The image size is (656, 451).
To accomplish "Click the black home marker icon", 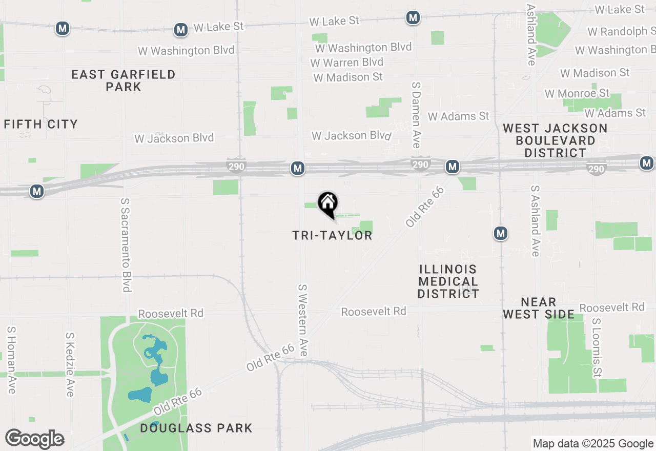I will pyautogui.click(x=328, y=204).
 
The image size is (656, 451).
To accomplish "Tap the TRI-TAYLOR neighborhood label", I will pyautogui.click(x=332, y=235).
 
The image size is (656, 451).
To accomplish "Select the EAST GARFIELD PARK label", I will pyautogui.click(x=124, y=80).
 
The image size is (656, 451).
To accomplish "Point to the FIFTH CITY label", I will pyautogui.click(x=41, y=124).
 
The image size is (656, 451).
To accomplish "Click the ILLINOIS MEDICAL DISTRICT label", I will pyautogui.click(x=448, y=281).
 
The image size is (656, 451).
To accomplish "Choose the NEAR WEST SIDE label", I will pyautogui.click(x=539, y=308).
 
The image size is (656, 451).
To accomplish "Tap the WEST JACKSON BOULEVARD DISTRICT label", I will pyautogui.click(x=556, y=140).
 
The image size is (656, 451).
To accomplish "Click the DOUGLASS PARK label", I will pyautogui.click(x=196, y=428).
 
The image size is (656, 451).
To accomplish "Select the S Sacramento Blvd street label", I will pyautogui.click(x=126, y=245).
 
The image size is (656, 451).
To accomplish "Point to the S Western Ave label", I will pyautogui.click(x=303, y=320).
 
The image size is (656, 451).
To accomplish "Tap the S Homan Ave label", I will pyautogui.click(x=11, y=360).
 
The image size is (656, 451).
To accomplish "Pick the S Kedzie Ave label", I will pyautogui.click(x=70, y=364).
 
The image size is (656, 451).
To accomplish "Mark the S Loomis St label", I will pyautogui.click(x=597, y=347).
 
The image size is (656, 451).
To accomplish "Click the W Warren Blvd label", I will pyautogui.click(x=347, y=63).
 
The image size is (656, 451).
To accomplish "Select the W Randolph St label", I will pyautogui.click(x=621, y=32).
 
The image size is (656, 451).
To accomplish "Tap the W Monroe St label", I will pyautogui.click(x=577, y=93).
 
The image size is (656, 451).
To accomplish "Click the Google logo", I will pyautogui.click(x=34, y=439).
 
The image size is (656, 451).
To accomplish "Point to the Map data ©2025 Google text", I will pyautogui.click(x=593, y=444).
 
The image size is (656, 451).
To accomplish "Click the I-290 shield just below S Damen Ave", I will pyautogui.click(x=420, y=164).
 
